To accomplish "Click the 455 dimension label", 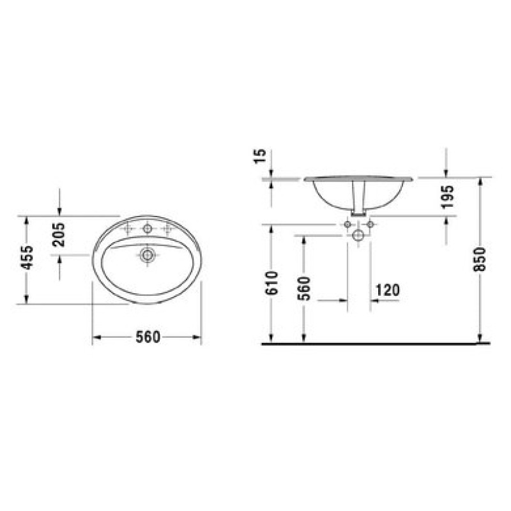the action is click(27, 257).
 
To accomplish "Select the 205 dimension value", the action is click(59, 234).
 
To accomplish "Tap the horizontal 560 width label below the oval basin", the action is click(148, 337).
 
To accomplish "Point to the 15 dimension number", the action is click(261, 156).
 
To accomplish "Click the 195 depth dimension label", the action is click(448, 196).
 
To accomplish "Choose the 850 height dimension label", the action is click(480, 259).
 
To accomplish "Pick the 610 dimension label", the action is click(271, 283).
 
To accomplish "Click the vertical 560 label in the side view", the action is click(304, 289).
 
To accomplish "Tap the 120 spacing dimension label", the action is click(388, 290).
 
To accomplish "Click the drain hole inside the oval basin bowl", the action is click(148, 254).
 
